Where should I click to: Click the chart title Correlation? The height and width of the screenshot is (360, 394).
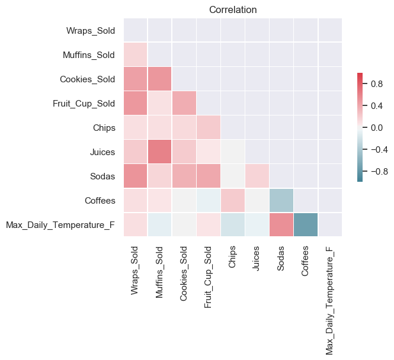click(x=233, y=9)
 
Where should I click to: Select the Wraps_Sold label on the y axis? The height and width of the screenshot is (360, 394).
click(x=91, y=30)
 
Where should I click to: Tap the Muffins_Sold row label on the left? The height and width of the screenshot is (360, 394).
click(x=88, y=55)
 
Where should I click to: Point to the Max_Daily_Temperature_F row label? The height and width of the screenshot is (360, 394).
click(x=60, y=225)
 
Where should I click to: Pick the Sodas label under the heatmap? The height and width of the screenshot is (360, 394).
click(x=281, y=258)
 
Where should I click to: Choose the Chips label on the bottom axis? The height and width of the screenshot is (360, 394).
click(x=233, y=256)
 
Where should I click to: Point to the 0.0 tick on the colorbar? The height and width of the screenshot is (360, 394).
click(x=377, y=127)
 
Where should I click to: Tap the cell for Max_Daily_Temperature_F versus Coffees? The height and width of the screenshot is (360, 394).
click(x=306, y=225)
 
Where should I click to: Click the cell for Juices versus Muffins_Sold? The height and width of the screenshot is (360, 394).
click(x=160, y=152)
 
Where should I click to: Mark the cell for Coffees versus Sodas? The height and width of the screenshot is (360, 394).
click(x=281, y=201)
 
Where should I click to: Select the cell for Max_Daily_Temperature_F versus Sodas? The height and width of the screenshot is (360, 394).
click(x=281, y=225)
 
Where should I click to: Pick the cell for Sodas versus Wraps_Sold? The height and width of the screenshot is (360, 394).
click(x=136, y=176)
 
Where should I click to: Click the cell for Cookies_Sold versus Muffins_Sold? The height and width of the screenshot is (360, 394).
click(x=160, y=79)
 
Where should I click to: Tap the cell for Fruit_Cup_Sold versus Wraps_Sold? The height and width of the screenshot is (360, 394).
click(x=136, y=103)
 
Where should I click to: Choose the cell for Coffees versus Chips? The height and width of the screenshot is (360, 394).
click(x=233, y=201)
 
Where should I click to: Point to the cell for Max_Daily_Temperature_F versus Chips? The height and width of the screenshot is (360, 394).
click(x=233, y=225)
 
